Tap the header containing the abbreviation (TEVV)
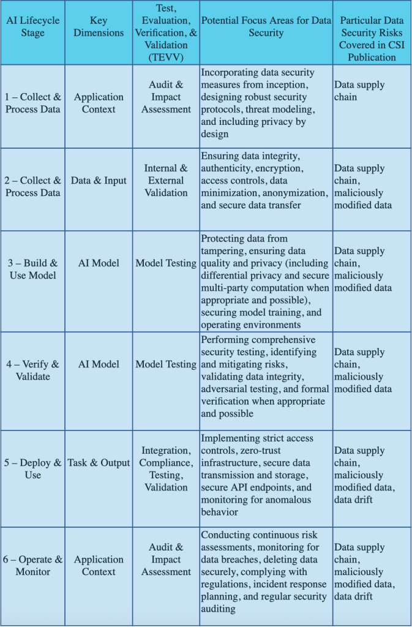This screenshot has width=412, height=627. [x=165, y=32]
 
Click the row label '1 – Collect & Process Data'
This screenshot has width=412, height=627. [x=32, y=103]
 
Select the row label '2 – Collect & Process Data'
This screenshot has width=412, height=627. [x=32, y=187]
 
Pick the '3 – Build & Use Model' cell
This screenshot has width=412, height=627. [x=32, y=269]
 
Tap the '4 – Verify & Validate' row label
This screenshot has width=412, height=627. [x=32, y=370]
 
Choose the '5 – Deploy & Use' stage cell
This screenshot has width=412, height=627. [x=32, y=469]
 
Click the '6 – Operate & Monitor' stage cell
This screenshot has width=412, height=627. [x=32, y=566]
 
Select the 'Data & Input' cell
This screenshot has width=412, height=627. [x=99, y=181]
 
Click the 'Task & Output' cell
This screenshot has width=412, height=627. [x=99, y=463]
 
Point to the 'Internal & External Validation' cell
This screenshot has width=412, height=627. [x=165, y=181]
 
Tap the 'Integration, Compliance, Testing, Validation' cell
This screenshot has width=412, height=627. [x=165, y=469]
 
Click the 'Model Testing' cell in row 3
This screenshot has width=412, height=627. [x=165, y=263]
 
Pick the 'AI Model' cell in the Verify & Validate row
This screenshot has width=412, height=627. [x=99, y=364]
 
